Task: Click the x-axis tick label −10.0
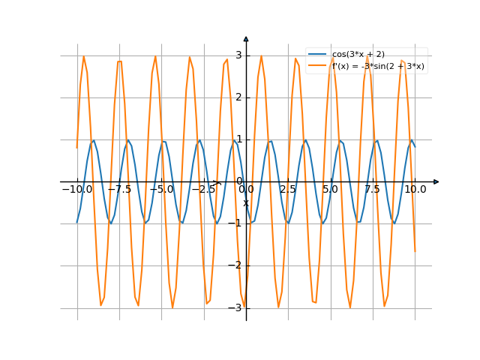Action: (76, 190)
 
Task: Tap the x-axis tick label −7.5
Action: (118, 190)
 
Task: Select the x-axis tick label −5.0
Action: (160, 190)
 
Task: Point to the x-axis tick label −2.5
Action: (203, 190)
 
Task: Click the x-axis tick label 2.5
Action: (288, 190)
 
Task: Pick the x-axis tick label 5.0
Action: (330, 190)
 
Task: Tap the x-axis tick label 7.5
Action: (373, 190)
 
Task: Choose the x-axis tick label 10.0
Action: (415, 190)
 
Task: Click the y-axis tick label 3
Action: (238, 55)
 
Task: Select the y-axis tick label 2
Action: (238, 97)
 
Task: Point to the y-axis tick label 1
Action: (238, 139)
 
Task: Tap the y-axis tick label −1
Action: (236, 223)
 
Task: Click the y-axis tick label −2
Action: (236, 265)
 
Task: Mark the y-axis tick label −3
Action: (236, 307)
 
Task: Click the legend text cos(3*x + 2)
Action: (358, 55)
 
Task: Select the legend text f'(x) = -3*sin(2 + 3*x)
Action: (378, 66)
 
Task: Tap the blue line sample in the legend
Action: (317, 55)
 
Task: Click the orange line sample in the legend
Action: (317, 66)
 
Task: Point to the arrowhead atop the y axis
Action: (246, 38)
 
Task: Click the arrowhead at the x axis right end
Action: (436, 181)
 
